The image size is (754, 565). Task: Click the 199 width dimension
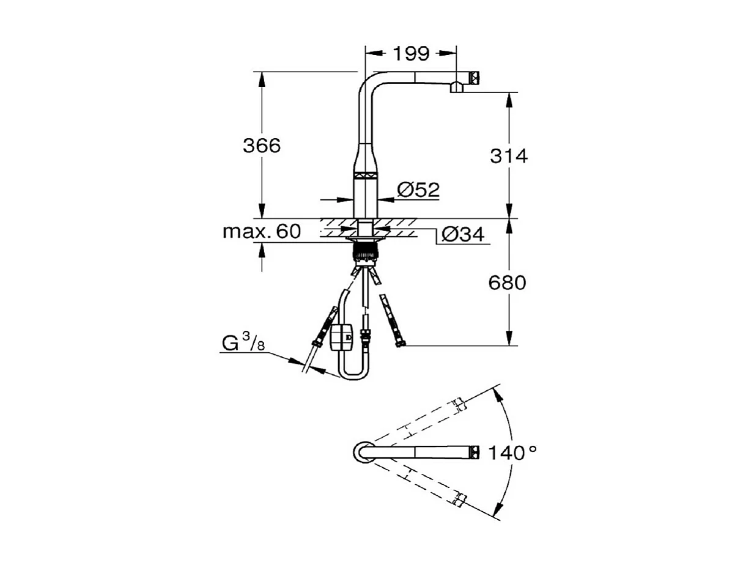[x=410, y=53]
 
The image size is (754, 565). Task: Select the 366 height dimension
[x=262, y=146]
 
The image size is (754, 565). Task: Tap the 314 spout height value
[x=508, y=156]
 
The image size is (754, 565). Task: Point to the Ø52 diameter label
[x=418, y=190]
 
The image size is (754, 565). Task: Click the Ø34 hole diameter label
[x=462, y=234]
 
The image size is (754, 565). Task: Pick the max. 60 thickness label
[x=262, y=232]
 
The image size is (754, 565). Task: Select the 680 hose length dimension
[x=508, y=282]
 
